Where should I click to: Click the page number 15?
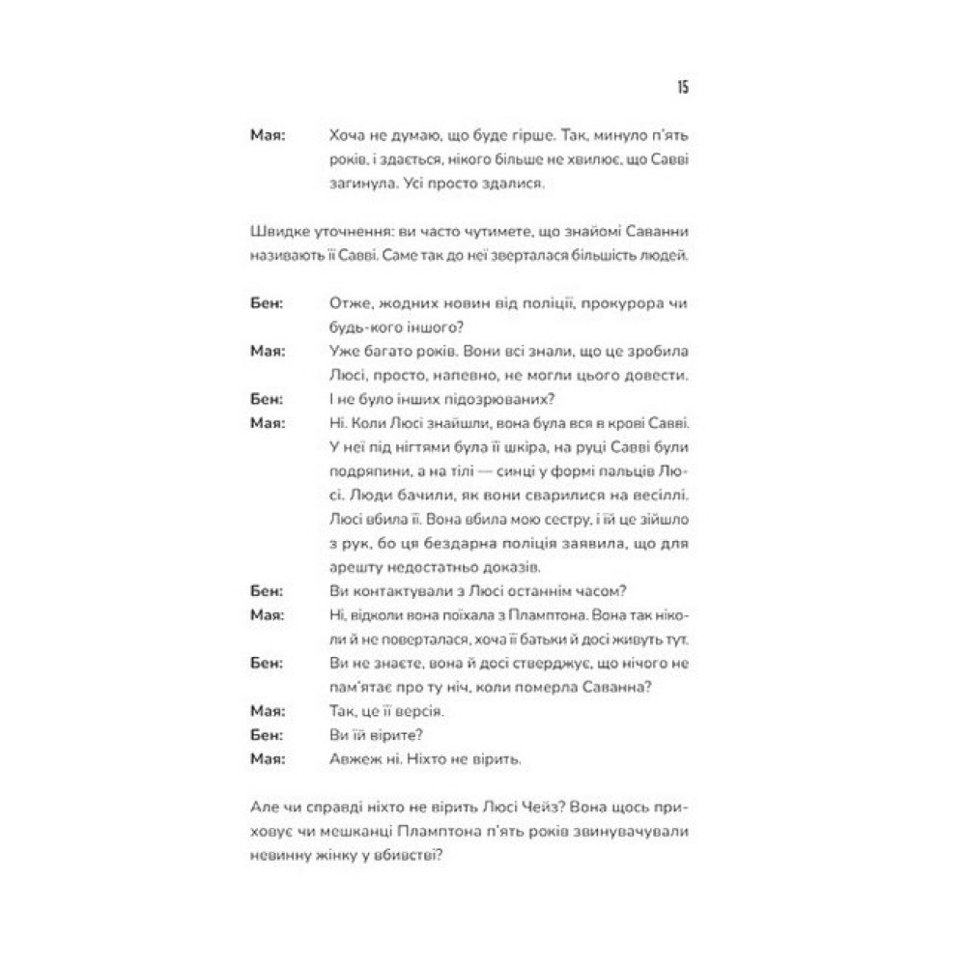(x=681, y=88)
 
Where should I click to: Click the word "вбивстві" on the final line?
(x=411, y=855)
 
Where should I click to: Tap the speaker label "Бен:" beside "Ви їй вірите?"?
(x=265, y=735)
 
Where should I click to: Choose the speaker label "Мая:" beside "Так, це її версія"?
(x=266, y=711)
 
